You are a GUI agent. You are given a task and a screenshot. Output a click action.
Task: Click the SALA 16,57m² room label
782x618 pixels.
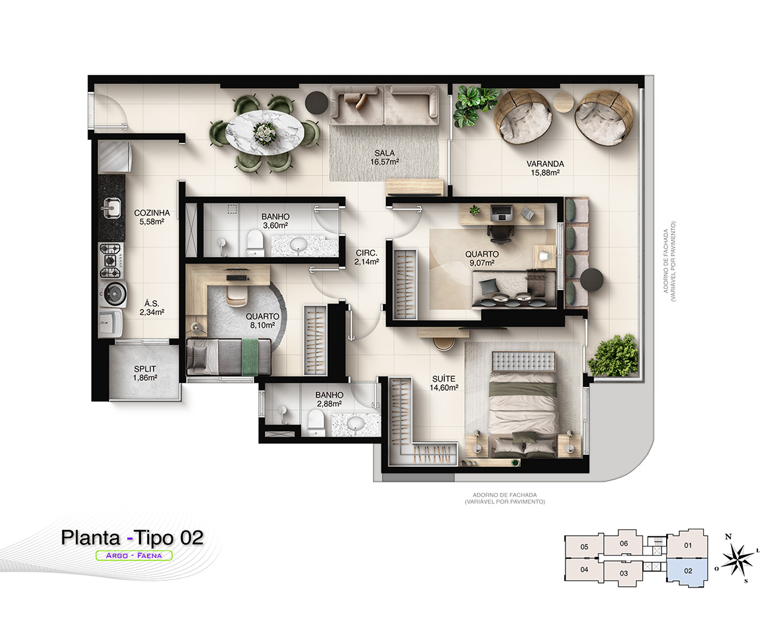(384, 158)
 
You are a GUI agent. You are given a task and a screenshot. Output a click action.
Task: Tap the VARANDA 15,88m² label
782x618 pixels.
(545, 168)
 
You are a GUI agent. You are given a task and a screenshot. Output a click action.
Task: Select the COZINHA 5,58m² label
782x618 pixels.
(152, 217)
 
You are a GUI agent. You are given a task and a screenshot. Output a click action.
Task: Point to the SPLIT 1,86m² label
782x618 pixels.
(144, 373)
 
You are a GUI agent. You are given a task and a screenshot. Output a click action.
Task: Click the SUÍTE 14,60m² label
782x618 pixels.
(444, 383)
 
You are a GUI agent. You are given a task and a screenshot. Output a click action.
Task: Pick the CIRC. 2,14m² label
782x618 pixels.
(367, 258)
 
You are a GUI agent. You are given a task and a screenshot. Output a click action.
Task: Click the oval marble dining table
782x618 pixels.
(264, 132)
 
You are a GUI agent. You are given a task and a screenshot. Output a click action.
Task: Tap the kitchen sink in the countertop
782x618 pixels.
(111, 208)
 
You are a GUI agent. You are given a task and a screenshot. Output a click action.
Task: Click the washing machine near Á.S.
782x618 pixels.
(113, 294)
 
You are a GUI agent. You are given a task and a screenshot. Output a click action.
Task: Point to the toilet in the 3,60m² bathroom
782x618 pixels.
(255, 241)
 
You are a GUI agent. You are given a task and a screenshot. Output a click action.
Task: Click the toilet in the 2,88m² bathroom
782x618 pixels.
(316, 422)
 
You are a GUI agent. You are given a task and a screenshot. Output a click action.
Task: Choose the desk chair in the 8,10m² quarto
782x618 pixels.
(236, 294)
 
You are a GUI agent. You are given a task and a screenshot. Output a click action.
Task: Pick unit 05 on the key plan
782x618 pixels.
(584, 546)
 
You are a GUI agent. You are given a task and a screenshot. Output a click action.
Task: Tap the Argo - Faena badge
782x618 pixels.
(134, 555)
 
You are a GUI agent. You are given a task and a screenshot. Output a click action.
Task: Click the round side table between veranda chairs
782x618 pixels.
(563, 102)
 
